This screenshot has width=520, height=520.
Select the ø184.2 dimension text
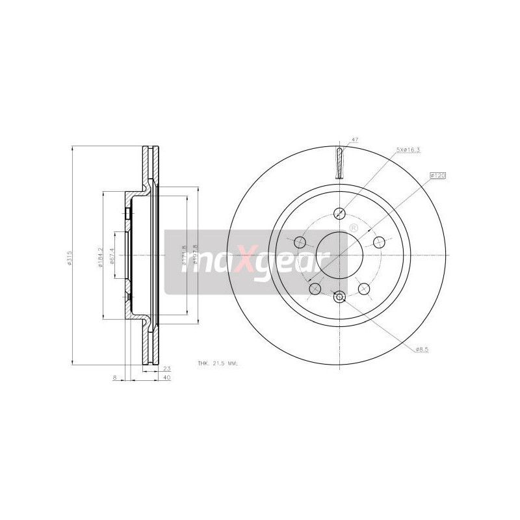pos(101,255)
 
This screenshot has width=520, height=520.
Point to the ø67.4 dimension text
pos(112,255)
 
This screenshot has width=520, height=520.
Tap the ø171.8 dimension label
pos(185,255)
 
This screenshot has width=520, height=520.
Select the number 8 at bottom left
pos(114,377)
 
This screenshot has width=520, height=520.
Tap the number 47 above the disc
pos(355,140)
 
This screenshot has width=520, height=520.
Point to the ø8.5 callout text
pos(423,350)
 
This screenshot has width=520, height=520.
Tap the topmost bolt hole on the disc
pos(339,213)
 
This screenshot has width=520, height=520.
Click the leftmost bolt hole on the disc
pos(300,242)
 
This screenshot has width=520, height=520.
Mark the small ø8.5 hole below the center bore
pos(339,296)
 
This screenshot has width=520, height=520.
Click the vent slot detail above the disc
pos(340,162)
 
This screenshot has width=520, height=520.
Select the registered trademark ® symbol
pos(354,228)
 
